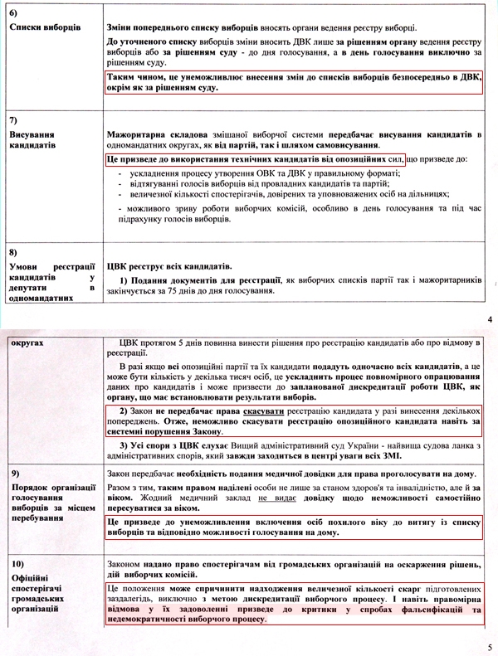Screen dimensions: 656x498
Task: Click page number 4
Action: [490, 319]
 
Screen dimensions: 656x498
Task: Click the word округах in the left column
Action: [27, 341]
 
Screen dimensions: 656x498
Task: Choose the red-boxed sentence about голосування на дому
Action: [295, 527]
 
